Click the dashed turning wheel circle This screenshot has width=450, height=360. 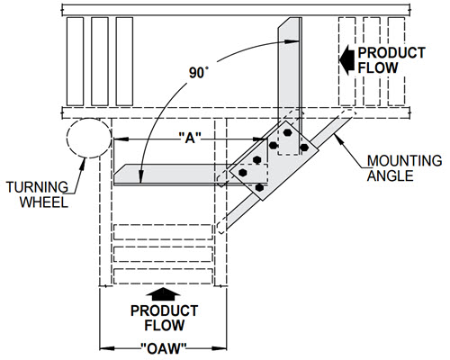[x=67, y=138]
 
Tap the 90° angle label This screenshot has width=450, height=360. [x=199, y=73]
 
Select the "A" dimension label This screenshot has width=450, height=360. [x=190, y=139]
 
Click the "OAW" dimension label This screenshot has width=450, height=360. [x=164, y=348]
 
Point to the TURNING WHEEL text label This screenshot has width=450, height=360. [x=38, y=194]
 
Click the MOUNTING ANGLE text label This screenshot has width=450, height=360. [x=404, y=168]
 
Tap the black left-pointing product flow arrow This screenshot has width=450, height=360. [x=347, y=60]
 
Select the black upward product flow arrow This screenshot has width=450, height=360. [x=163, y=294]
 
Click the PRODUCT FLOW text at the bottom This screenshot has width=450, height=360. [x=164, y=318]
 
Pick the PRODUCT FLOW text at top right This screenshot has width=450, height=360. [x=391, y=60]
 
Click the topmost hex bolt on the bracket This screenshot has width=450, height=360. [x=288, y=132]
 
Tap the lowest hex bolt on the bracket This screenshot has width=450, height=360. [x=259, y=187]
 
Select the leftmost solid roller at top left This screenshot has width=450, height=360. [x=75, y=61]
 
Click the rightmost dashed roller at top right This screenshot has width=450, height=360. [x=396, y=61]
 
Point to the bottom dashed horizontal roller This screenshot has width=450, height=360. [x=164, y=276]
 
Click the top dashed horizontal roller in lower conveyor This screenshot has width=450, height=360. [x=164, y=232]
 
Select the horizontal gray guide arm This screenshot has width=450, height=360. [x=180, y=174]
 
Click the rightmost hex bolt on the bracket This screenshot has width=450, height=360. [x=304, y=148]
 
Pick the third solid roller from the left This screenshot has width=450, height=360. [x=124, y=61]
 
